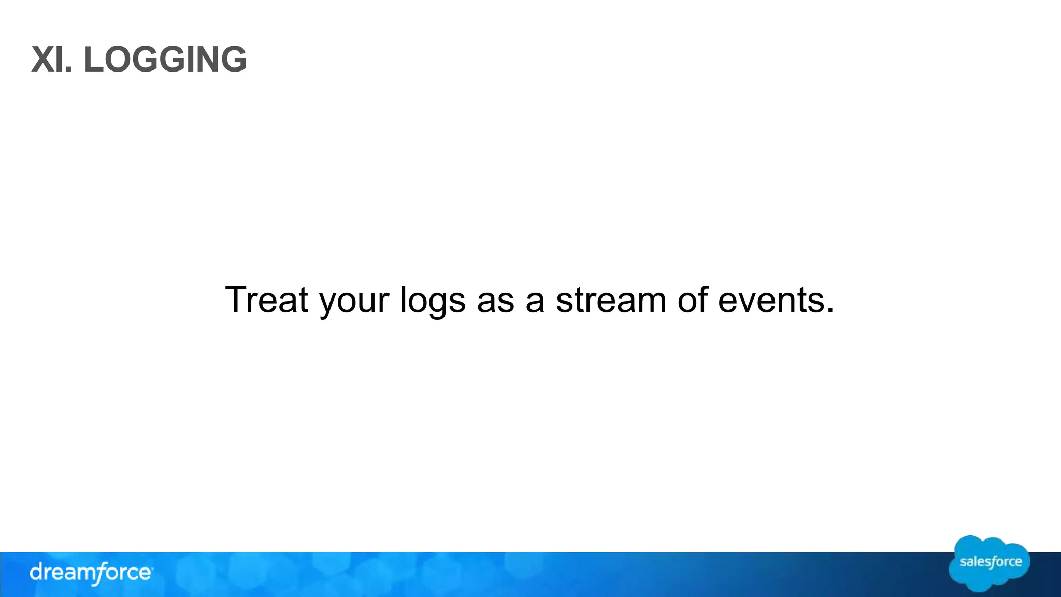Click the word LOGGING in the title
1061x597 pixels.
(165, 60)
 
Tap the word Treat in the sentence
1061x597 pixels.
(266, 300)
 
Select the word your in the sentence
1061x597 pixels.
(354, 302)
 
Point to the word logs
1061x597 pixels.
(433, 302)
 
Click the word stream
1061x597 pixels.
(611, 300)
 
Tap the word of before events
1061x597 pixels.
(692, 300)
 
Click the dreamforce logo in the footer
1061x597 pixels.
(91, 573)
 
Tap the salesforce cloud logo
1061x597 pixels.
(989, 563)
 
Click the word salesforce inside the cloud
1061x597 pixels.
(991, 562)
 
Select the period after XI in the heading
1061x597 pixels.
(69, 70)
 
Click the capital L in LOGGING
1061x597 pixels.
(94, 60)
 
